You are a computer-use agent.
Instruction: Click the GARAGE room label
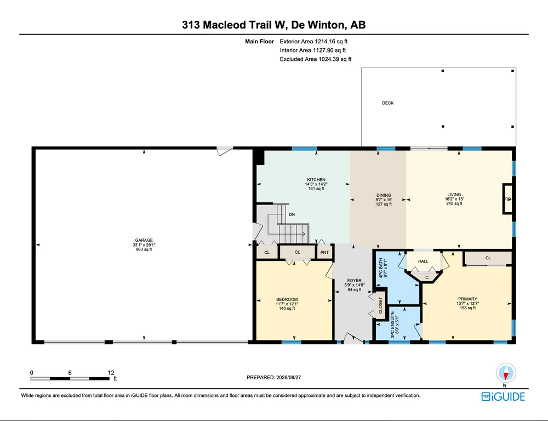(x=144, y=240)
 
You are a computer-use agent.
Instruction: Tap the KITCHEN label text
(x=316, y=180)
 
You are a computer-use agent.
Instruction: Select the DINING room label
(x=384, y=196)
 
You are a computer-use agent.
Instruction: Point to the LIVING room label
(x=454, y=195)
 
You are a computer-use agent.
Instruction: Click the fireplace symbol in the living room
(x=507, y=198)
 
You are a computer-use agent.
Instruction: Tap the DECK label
(x=388, y=103)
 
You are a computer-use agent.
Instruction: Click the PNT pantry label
(x=324, y=253)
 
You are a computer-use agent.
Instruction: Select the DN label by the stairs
(x=292, y=214)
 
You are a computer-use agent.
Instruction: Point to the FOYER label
(x=355, y=281)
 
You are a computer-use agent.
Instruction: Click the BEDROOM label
(x=287, y=299)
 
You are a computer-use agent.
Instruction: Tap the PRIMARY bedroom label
(x=467, y=299)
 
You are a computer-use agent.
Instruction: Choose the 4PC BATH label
(x=381, y=268)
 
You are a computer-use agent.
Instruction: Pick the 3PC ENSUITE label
(x=392, y=325)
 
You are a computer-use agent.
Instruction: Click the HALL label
(x=423, y=261)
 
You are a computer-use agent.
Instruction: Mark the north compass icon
(x=506, y=373)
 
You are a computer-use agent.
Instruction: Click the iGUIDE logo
(x=503, y=396)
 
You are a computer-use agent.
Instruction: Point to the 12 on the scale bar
(x=111, y=373)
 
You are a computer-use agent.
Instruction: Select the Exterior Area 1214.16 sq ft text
(x=313, y=41)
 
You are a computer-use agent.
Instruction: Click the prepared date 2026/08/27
(x=289, y=377)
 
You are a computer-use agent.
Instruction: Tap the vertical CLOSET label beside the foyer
(x=381, y=305)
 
